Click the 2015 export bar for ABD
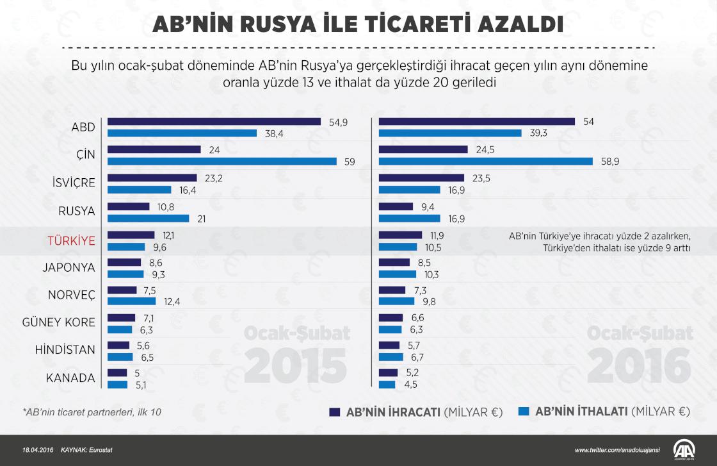pos(214,122)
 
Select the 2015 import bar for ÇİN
pos(222,162)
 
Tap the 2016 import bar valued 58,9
pos(486,162)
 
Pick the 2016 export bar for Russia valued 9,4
pos(396,206)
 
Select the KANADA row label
pos(70,378)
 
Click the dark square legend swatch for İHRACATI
pos(334,412)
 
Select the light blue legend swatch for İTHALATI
pos(522,412)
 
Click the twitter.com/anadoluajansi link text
pos(618,450)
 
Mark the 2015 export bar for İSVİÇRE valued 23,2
pos(152,178)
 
